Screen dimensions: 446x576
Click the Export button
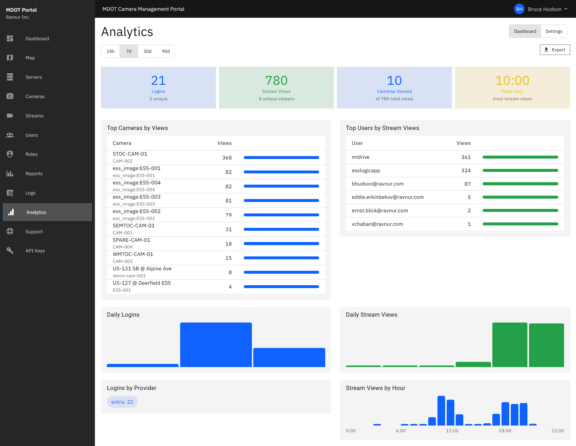click(x=555, y=49)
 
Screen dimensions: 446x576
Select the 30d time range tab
click(x=147, y=51)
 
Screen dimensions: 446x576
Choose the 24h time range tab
click(x=110, y=51)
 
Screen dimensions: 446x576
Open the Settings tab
click(x=554, y=31)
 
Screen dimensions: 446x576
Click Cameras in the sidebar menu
click(x=35, y=96)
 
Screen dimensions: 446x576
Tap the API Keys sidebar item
click(x=35, y=251)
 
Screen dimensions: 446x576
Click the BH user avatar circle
click(x=519, y=9)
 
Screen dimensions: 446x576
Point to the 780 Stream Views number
click(x=276, y=81)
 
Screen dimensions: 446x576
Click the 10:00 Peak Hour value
click(x=512, y=81)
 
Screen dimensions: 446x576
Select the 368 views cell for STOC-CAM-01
click(x=227, y=158)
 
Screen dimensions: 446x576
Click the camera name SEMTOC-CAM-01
click(x=133, y=226)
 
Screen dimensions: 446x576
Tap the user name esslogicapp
click(x=365, y=170)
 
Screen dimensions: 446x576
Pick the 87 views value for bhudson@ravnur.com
click(x=467, y=184)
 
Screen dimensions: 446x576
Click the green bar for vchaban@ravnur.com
click(x=520, y=224)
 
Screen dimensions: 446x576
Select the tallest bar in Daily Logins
click(x=216, y=345)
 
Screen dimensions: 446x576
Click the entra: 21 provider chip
click(x=122, y=402)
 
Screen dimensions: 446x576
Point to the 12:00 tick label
click(x=452, y=430)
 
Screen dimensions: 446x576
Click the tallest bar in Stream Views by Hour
click(x=441, y=410)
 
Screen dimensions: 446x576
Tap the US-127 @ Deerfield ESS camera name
click(x=142, y=283)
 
